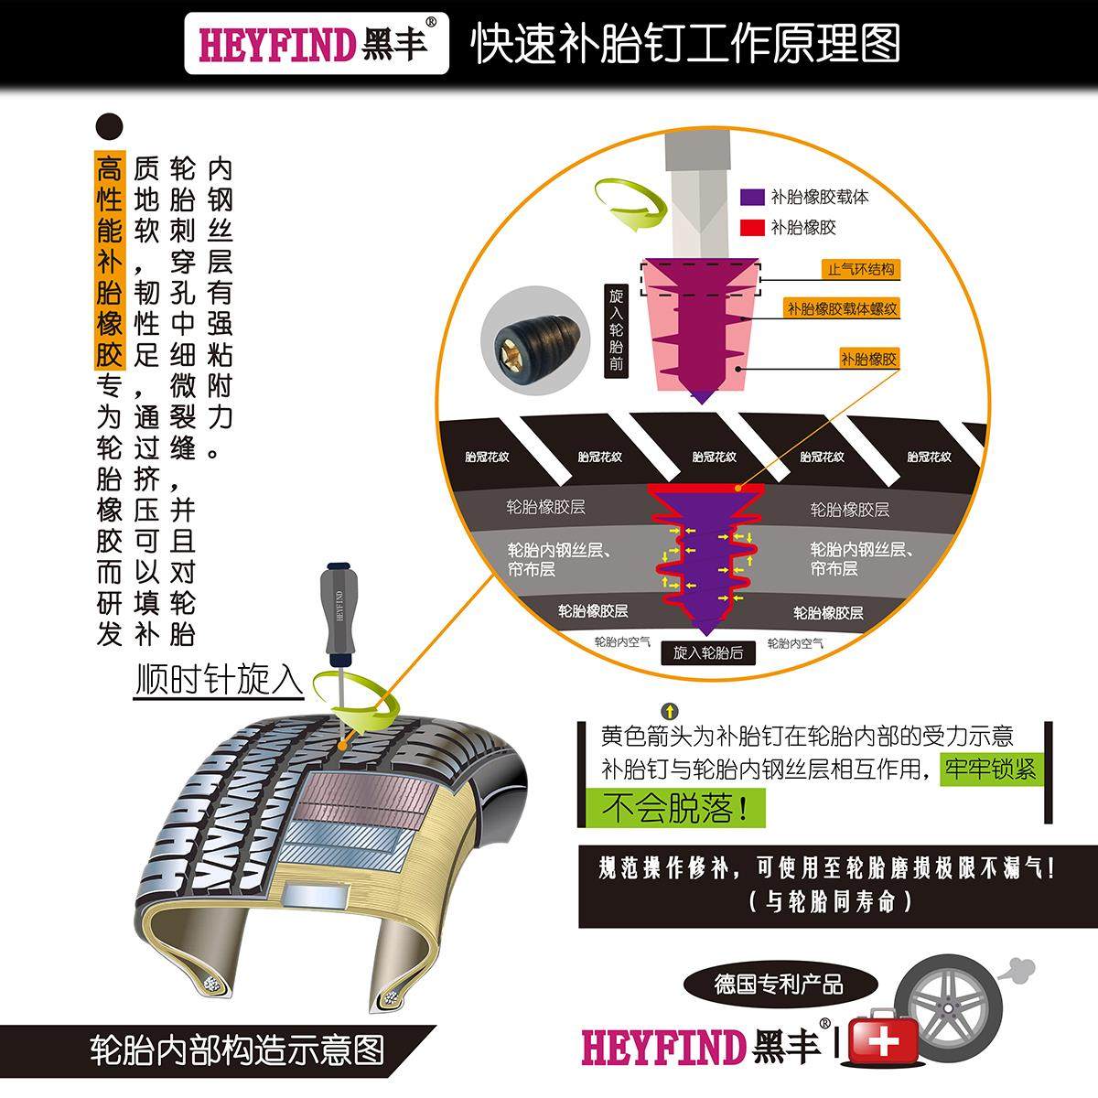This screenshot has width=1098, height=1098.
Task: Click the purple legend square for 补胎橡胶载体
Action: click(x=752, y=197)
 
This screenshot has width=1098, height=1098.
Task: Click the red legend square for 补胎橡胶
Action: click(x=752, y=227)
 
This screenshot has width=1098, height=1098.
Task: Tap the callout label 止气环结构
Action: click(x=860, y=269)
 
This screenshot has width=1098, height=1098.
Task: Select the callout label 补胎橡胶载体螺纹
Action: click(x=842, y=309)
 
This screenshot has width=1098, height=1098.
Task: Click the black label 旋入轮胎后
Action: click(x=708, y=652)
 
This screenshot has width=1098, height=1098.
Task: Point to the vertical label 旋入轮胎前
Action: click(x=616, y=330)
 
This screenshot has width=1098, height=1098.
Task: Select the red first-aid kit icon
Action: click(x=883, y=1040)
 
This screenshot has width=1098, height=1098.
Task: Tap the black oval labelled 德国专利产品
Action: click(x=779, y=985)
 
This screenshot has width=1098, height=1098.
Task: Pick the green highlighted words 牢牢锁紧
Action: click(x=991, y=769)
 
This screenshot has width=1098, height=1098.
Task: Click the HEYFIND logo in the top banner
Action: click(x=317, y=44)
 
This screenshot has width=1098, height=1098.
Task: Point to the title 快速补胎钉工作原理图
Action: click(x=685, y=43)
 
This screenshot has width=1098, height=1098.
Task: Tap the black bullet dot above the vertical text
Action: click(x=109, y=126)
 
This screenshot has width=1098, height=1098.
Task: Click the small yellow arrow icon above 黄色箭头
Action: click(x=670, y=710)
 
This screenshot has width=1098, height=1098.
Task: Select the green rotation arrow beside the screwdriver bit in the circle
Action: click(x=629, y=204)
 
